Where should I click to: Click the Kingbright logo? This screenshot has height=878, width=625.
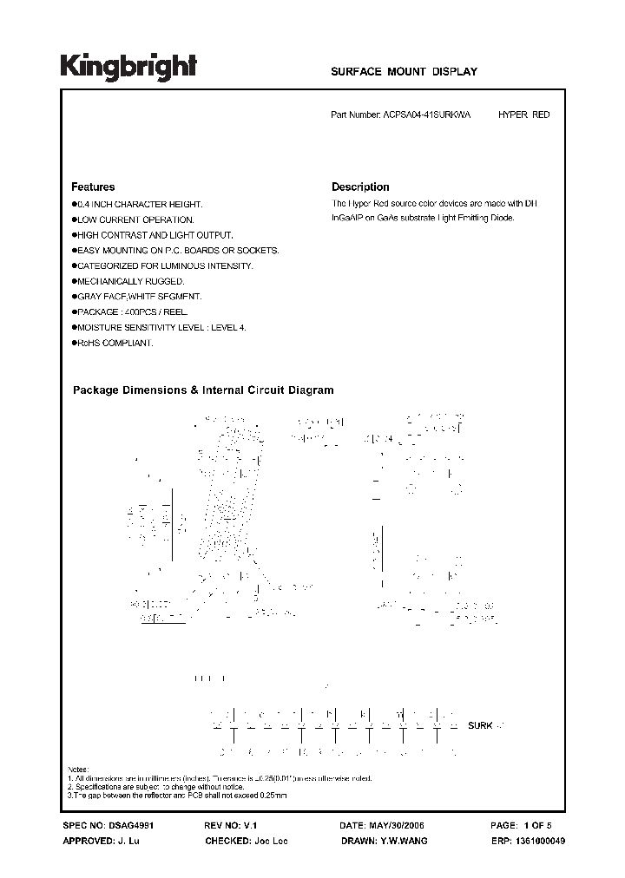point(128,67)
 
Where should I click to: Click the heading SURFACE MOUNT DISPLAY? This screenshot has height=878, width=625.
point(405,73)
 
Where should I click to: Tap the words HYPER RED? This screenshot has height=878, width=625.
point(523,115)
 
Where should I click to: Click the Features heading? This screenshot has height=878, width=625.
point(93,187)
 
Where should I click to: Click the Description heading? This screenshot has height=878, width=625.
point(360,187)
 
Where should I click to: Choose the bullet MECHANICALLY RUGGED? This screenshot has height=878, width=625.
point(130,282)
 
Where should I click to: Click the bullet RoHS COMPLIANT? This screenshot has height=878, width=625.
point(115,344)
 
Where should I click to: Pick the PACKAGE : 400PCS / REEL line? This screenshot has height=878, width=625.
point(132,312)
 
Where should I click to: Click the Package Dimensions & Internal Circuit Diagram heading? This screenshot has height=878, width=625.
point(202,390)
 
